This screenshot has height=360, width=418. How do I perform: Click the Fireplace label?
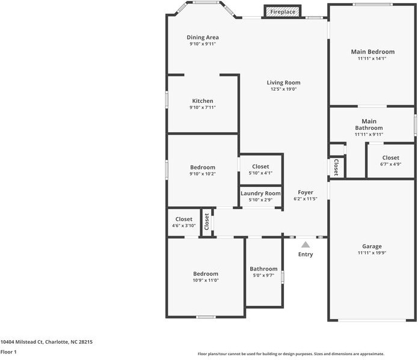282,12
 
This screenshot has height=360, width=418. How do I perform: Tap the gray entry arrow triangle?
306,245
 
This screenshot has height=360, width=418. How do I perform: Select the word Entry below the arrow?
306,254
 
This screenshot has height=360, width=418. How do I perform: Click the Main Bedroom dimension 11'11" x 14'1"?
372,59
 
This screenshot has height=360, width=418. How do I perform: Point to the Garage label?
372,246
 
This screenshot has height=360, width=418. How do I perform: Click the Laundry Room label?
260,194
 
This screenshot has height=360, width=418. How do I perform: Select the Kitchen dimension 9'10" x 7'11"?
203,108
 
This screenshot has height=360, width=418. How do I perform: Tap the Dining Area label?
203,37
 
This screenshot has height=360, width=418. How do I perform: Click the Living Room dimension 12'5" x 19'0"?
284,89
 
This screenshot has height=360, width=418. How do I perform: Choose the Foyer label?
306,192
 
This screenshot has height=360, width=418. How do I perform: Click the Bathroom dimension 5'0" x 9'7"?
263,275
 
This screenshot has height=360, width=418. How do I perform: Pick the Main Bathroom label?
369,124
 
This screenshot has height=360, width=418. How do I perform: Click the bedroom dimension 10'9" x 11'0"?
206,280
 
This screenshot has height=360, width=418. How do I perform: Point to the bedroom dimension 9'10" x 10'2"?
203,174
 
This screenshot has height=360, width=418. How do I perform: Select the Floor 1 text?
8,352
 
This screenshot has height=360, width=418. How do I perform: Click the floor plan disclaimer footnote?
291,354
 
